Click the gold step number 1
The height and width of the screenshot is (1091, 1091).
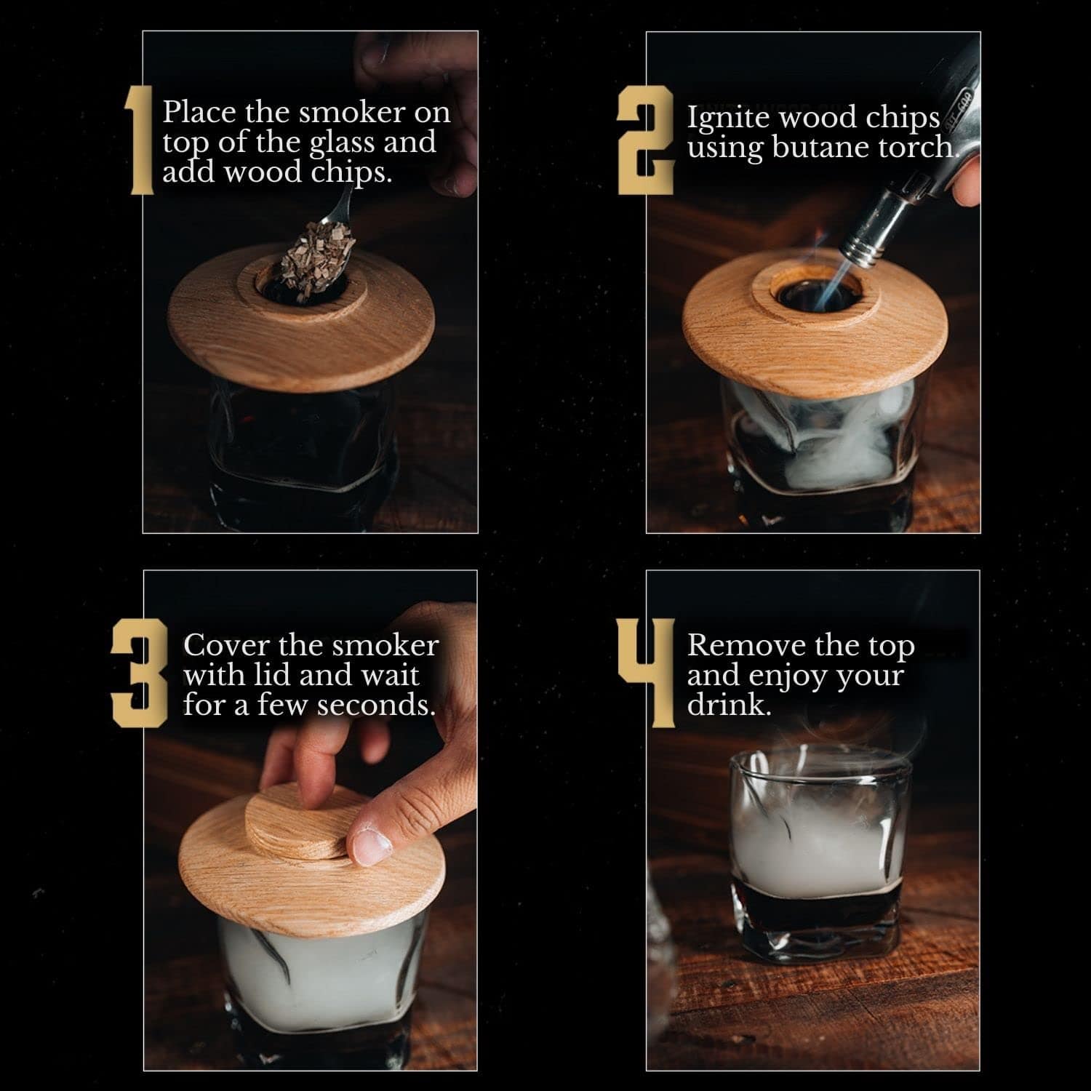tap(139, 140)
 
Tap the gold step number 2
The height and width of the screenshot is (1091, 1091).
tap(645, 140)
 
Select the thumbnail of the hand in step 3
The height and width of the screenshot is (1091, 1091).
tap(373, 844)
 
